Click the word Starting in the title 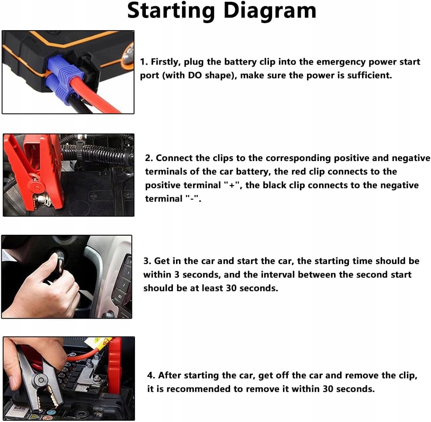pos(171,11)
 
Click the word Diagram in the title pos(270,10)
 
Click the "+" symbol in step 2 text pos(232,185)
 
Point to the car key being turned pos(59,261)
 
